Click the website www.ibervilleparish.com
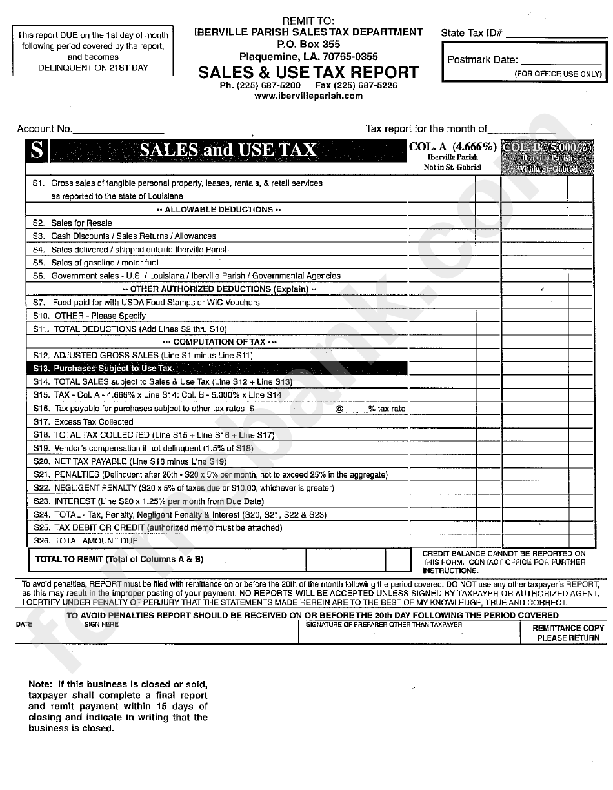(x=308, y=96)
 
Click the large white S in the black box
(x=37, y=151)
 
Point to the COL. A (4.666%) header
(x=452, y=147)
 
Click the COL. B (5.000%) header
(x=547, y=147)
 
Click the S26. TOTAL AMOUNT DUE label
(x=86, y=541)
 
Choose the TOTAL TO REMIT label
(x=119, y=559)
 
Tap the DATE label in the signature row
(x=24, y=625)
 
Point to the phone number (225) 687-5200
(x=260, y=85)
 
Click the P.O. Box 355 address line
(x=308, y=45)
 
